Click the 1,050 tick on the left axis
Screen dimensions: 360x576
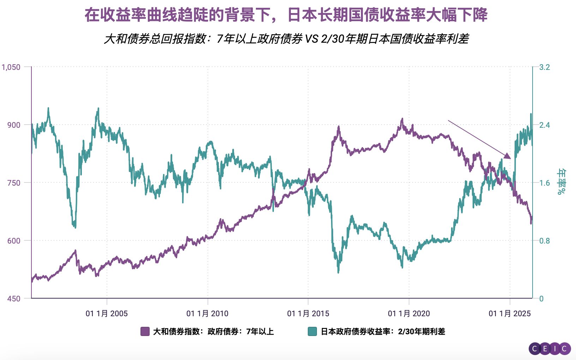click(x=11, y=67)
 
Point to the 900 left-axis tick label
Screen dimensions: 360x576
click(x=14, y=125)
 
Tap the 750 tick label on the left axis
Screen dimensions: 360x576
click(x=14, y=183)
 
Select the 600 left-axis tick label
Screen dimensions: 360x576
click(x=14, y=241)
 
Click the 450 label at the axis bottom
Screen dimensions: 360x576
click(x=14, y=299)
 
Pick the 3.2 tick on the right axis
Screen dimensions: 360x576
click(x=545, y=67)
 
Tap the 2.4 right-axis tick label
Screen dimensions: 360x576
click(x=545, y=125)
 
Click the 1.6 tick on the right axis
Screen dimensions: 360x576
click(x=545, y=183)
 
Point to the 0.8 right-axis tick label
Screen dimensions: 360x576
click(x=545, y=241)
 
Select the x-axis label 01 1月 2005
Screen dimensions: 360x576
click(x=107, y=313)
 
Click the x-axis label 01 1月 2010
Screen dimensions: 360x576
click(x=208, y=313)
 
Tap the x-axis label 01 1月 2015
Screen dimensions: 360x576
click(x=308, y=313)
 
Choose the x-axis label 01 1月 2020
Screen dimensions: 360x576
click(x=409, y=313)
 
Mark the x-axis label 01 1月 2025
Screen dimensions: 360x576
click(x=510, y=313)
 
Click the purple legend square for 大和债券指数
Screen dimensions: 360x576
click(x=145, y=331)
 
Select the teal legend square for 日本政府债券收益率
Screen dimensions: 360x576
click(x=312, y=331)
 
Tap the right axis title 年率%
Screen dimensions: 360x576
click(x=561, y=182)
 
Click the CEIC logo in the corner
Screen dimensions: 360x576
click(x=550, y=349)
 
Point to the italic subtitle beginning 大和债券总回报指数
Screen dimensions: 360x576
click(x=286, y=39)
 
